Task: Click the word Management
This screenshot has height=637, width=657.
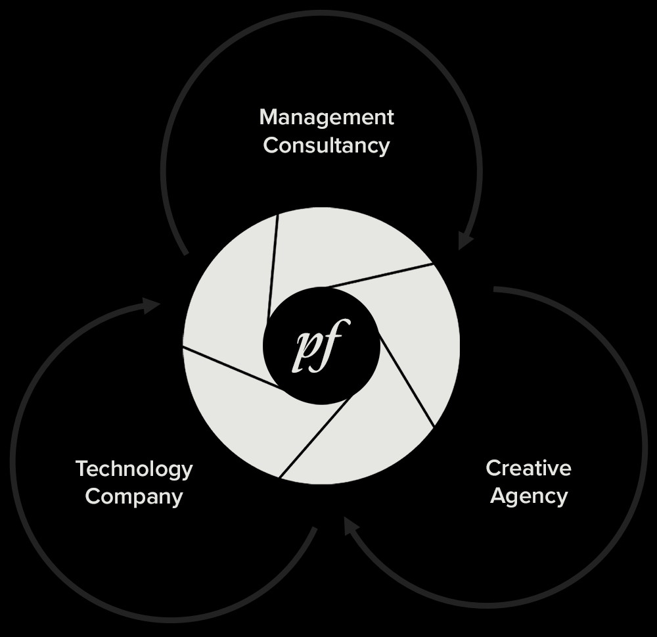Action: (327, 118)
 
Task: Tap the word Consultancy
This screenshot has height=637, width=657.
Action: (327, 146)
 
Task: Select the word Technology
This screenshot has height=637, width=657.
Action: (134, 469)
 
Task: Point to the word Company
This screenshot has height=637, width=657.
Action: (134, 497)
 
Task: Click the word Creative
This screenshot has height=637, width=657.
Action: (528, 468)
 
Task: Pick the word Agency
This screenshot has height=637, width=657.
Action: (529, 496)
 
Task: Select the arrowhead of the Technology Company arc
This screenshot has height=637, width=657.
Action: (151, 305)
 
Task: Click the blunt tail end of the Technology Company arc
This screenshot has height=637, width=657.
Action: (315, 529)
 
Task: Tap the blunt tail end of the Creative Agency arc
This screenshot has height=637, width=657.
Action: (495, 289)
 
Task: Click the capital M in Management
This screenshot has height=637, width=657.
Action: (269, 117)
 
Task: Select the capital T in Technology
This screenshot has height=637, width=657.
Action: (83, 469)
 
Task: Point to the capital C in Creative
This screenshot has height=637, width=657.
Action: (494, 468)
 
